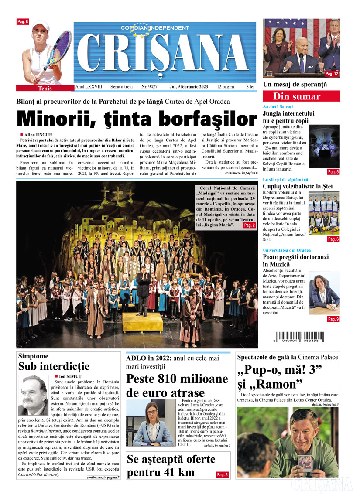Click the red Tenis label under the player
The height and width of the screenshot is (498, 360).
click(x=45, y=89)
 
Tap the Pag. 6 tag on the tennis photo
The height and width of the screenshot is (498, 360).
click(x=22, y=22)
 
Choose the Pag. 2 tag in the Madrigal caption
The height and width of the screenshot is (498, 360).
click(x=249, y=225)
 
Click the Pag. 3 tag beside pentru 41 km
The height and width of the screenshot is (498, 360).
click(x=222, y=474)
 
